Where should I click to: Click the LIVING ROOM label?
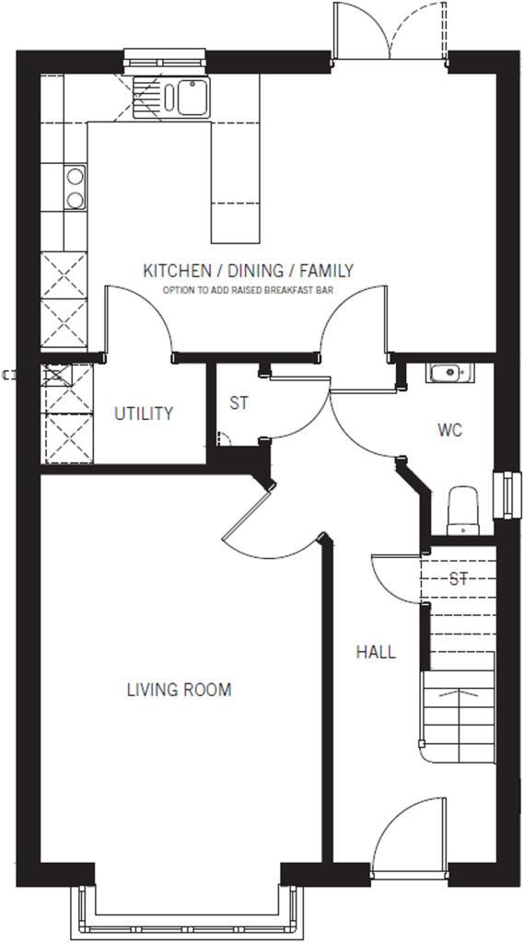coord(179,690)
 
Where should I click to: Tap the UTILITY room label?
coord(144,413)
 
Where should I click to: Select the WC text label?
coord(449,430)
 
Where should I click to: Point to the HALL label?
coord(376,652)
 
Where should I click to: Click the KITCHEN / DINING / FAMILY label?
coord(248,271)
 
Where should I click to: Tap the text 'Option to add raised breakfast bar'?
coord(248,289)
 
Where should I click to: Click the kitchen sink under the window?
coord(171,98)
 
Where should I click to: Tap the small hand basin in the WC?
coord(448,373)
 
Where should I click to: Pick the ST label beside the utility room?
coord(239,403)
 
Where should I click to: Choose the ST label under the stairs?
coord(459,579)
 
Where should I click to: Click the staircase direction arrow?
coord(458,696)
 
